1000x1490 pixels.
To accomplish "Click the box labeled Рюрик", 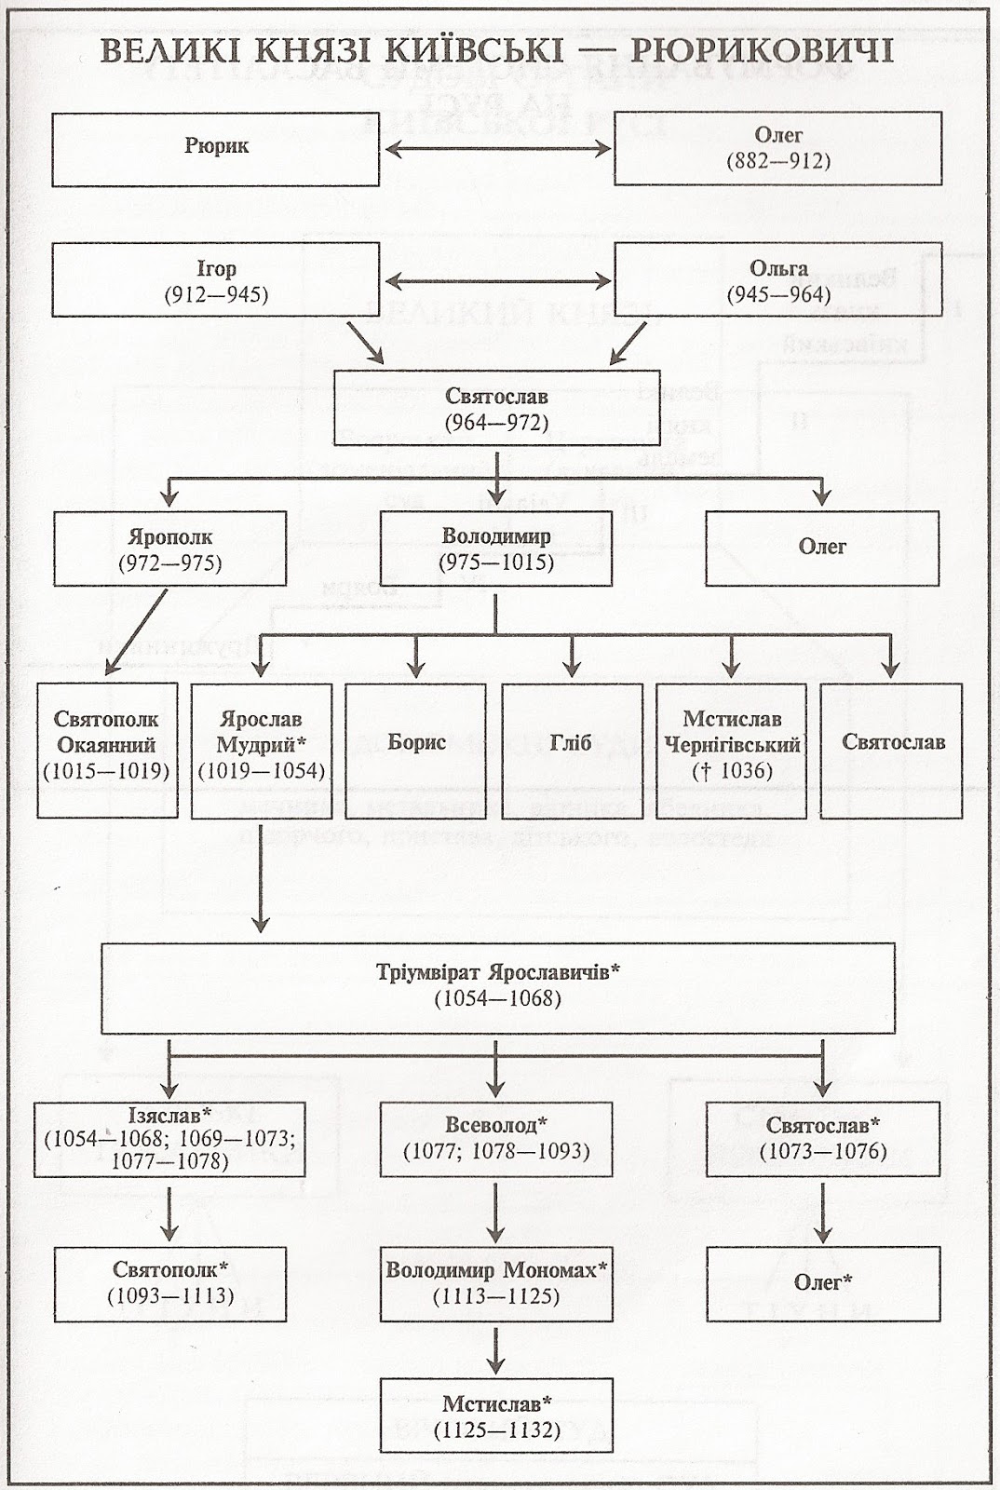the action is [x=215, y=149].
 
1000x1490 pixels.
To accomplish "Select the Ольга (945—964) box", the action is [x=777, y=279].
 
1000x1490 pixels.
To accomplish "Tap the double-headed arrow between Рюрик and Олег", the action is [x=497, y=149].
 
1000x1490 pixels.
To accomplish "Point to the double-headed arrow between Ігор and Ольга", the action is [x=497, y=281].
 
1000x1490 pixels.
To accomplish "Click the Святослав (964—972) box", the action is [x=496, y=408].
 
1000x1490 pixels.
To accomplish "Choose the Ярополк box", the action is [x=170, y=549].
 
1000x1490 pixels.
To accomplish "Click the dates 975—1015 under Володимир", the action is [x=496, y=562].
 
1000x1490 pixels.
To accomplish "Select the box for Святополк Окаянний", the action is [x=107, y=751].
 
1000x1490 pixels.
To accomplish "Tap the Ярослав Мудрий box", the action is [x=262, y=751].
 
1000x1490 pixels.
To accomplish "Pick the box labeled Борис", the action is [x=416, y=751].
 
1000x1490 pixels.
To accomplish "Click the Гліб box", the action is [x=572, y=751].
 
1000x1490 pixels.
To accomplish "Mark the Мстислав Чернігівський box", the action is [x=732, y=751].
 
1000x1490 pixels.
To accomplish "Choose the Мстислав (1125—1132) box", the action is [x=496, y=1415].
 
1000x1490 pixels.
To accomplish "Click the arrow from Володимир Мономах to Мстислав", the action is [x=496, y=1349].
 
